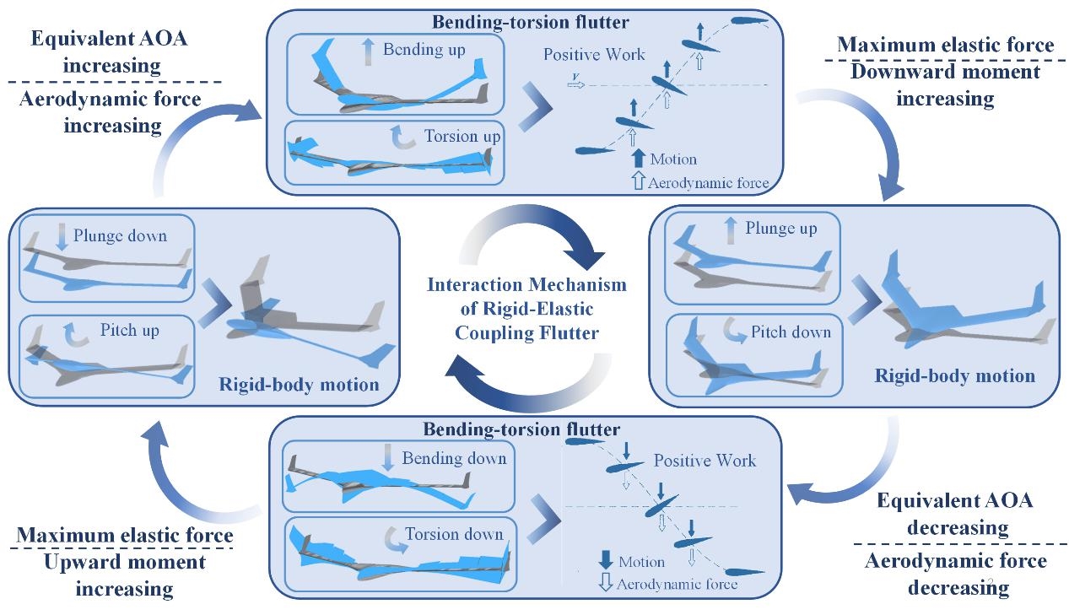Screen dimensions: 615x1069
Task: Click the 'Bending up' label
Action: [x=424, y=50]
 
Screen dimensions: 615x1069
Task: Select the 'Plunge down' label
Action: [x=120, y=235]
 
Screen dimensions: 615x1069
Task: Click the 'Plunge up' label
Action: [x=781, y=229]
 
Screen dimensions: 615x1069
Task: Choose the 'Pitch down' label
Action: [x=791, y=332]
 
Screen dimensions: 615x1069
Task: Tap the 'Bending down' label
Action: [x=454, y=458]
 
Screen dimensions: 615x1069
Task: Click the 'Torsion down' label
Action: [x=454, y=534]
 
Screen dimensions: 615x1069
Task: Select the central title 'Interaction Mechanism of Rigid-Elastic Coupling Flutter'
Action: [x=526, y=308]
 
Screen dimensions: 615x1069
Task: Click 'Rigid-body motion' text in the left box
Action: [x=299, y=385]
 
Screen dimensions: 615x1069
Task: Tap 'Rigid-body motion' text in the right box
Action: [x=955, y=375]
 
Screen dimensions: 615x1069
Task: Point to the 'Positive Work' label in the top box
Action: [x=594, y=55]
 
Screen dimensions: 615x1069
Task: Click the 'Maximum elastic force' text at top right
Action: [x=946, y=44]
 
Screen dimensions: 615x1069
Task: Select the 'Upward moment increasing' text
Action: [x=125, y=574]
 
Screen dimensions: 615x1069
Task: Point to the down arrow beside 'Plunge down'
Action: [x=61, y=235]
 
